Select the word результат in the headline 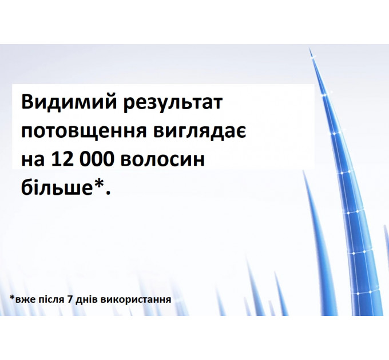tap(172, 105)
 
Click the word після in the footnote tap(50, 299)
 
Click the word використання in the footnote tap(136, 299)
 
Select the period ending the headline tap(106, 193)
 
